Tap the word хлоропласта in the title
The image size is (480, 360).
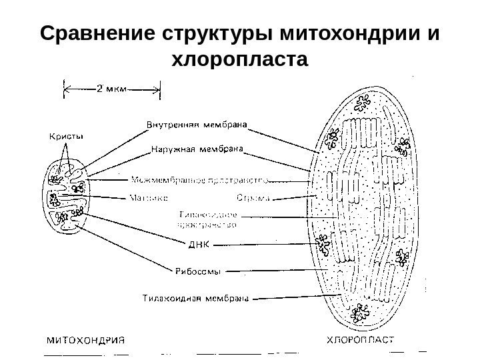click(240, 61)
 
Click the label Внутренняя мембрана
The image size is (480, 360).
click(197, 123)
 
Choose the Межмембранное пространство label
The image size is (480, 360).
click(200, 179)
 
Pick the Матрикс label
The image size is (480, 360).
click(147, 197)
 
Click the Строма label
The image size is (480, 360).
click(254, 197)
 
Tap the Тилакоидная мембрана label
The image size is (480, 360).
click(197, 298)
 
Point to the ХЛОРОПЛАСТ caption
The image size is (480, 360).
click(357, 338)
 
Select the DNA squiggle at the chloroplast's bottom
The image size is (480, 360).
click(364, 311)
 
